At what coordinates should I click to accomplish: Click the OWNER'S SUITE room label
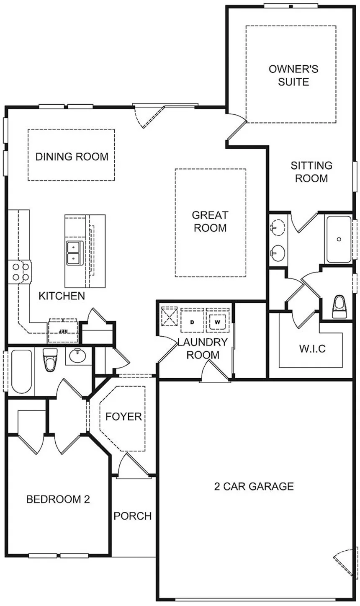point(293,75)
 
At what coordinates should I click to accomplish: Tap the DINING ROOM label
point(72,157)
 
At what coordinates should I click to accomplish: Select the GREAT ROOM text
point(210,222)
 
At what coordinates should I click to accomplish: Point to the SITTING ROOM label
point(311,172)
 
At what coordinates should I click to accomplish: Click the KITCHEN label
point(62,296)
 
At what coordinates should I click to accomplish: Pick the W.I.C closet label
point(312,349)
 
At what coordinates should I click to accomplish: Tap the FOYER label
point(123,417)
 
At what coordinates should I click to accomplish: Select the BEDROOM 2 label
point(58,499)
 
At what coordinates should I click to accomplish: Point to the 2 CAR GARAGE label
point(254,486)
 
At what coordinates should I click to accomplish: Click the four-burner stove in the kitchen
point(20,272)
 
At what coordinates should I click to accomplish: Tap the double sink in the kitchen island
point(73,253)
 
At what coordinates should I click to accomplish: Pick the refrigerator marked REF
point(63,330)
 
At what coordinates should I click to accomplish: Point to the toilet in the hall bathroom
point(50,360)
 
